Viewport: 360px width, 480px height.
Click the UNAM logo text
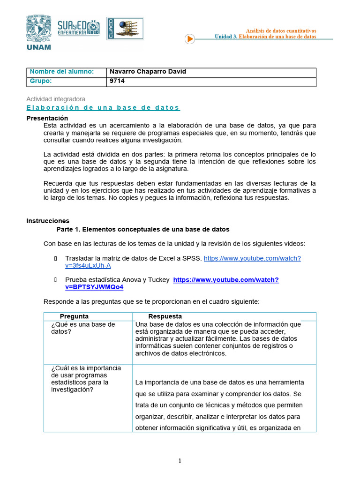pos(39,46)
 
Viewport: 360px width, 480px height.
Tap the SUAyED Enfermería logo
pos(78,29)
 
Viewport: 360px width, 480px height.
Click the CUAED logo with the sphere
pos(125,29)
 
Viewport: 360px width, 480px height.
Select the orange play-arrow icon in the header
pos(189,39)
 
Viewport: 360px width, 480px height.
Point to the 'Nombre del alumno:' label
pos(61,72)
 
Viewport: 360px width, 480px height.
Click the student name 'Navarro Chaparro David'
pos(148,72)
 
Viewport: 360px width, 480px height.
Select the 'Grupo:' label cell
pos(40,81)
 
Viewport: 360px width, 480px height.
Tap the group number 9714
pos(117,81)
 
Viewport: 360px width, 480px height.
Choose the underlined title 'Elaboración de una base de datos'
pos(103,108)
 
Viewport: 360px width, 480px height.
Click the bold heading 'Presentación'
pos(47,118)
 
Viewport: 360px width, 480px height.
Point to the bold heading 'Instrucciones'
pos(48,221)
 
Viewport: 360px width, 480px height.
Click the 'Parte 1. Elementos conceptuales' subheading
pos(142,229)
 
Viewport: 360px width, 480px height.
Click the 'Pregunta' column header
pos(74,316)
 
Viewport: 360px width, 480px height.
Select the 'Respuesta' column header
pos(165,316)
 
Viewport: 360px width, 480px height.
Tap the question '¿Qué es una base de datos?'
pos(83,328)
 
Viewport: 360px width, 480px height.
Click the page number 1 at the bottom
pos(180,461)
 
